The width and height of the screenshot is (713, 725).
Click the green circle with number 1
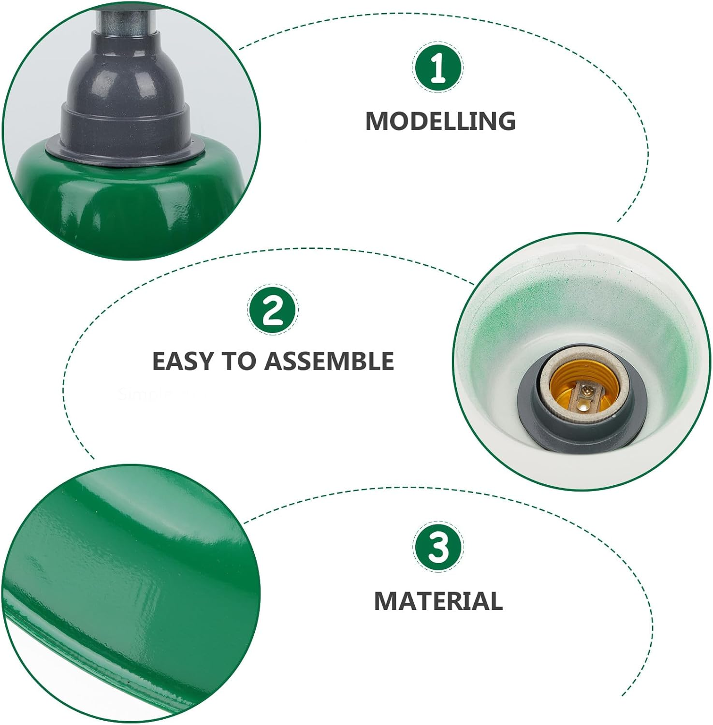click(437, 68)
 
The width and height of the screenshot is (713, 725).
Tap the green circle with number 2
click(273, 310)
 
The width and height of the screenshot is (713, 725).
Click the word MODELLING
click(440, 121)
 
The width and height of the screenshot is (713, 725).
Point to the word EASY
click(183, 361)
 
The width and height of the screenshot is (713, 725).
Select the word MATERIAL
click(438, 601)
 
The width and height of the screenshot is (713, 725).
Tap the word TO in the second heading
click(239, 361)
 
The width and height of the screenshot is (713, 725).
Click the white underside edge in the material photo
click(97, 677)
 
